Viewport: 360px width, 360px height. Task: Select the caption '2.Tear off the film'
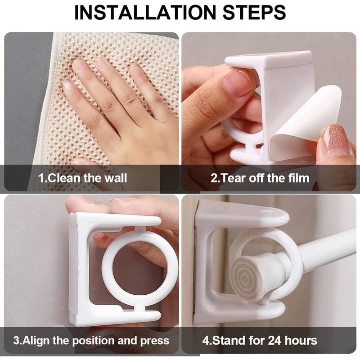click(260, 178)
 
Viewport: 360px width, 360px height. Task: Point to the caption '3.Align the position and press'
click(91, 340)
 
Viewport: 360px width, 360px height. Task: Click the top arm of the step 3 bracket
click(121, 220)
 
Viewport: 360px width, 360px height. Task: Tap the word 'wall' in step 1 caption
click(116, 178)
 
